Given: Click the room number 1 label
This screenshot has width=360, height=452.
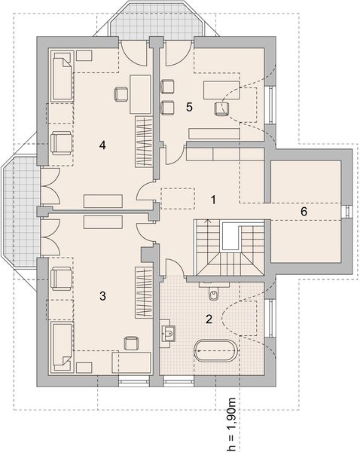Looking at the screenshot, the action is tap(213, 200).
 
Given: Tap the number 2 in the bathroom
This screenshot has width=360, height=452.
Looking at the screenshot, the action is tap(209, 319).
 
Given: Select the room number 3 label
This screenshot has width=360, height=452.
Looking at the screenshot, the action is tap(102, 296).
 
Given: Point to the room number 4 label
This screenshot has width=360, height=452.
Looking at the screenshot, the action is tap(102, 145).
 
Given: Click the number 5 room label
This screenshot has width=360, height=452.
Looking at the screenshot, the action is tap(189, 107).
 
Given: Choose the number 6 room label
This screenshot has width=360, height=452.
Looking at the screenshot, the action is tap(304, 212).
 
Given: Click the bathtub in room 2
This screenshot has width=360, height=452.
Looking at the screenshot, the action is tap(216, 350).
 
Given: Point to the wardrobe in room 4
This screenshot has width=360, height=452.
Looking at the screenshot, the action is tap(144, 142).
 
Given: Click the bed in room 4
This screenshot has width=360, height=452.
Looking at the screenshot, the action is tap(62, 75).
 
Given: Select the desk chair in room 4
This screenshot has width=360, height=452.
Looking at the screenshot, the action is tap(121, 94).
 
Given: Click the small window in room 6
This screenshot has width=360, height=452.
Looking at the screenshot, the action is tap(346, 212).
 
